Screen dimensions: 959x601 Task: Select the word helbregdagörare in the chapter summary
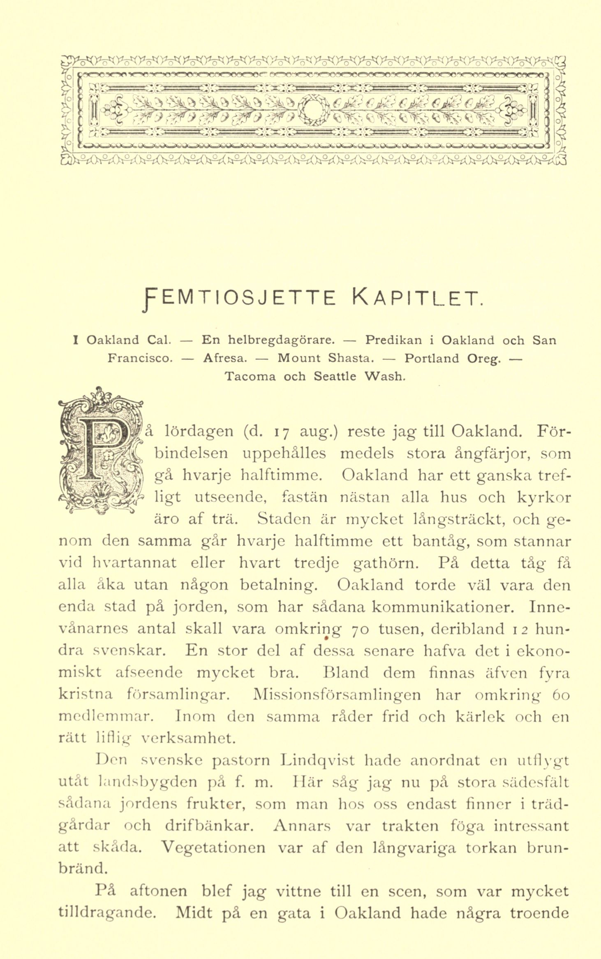(x=270, y=341)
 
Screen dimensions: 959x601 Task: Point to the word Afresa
(x=225, y=359)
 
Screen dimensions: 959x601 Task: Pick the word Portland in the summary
(x=432, y=359)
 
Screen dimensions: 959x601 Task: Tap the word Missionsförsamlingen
(x=337, y=695)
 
